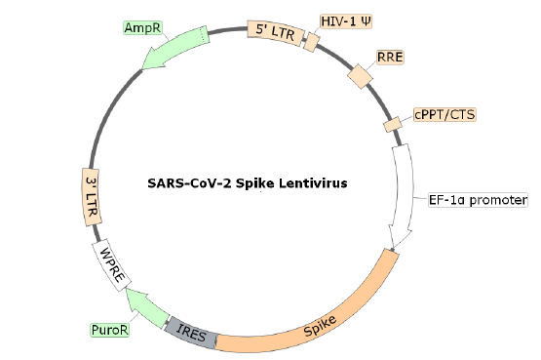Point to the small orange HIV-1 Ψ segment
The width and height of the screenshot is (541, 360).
point(311,42)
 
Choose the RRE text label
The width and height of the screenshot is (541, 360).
point(390,58)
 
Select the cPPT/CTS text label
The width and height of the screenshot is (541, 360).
point(444,114)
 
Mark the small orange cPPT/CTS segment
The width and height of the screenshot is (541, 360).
point(392,125)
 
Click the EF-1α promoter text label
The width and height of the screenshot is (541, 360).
point(478,201)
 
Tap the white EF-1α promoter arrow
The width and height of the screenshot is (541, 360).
point(405,195)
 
